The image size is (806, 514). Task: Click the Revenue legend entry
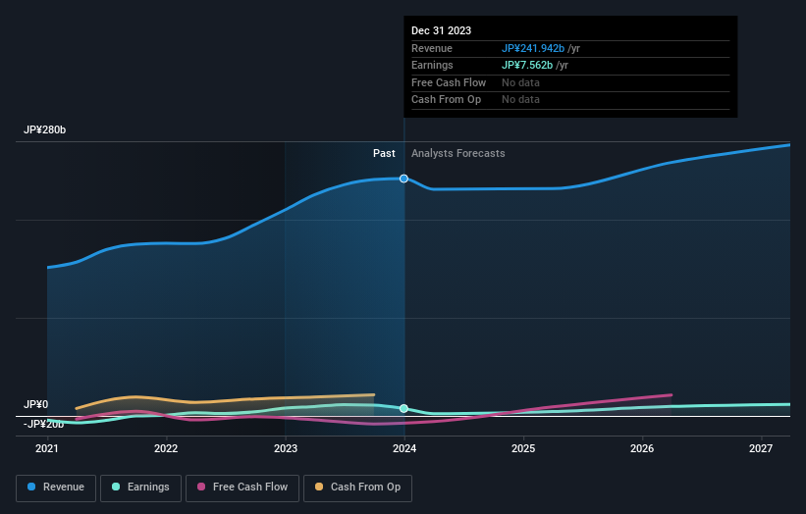click(56, 487)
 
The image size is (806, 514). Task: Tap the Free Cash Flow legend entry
click(242, 487)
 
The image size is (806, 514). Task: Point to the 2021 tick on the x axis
click(47, 448)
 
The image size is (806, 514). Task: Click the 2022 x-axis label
click(166, 448)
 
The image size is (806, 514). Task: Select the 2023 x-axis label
click(286, 448)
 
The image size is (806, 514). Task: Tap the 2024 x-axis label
click(404, 448)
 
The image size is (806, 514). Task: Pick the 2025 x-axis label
click(523, 448)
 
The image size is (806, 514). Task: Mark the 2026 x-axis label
click(642, 448)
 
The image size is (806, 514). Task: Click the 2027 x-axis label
click(761, 448)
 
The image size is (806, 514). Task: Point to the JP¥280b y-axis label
click(45, 130)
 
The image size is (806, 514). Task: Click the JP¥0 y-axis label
click(36, 404)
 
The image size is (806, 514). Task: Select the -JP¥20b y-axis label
click(44, 424)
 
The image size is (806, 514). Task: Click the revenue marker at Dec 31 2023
click(403, 179)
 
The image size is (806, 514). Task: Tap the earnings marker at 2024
click(403, 408)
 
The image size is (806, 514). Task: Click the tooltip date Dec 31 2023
click(442, 31)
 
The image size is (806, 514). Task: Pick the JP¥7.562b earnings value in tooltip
click(527, 65)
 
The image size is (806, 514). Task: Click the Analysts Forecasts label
click(458, 153)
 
